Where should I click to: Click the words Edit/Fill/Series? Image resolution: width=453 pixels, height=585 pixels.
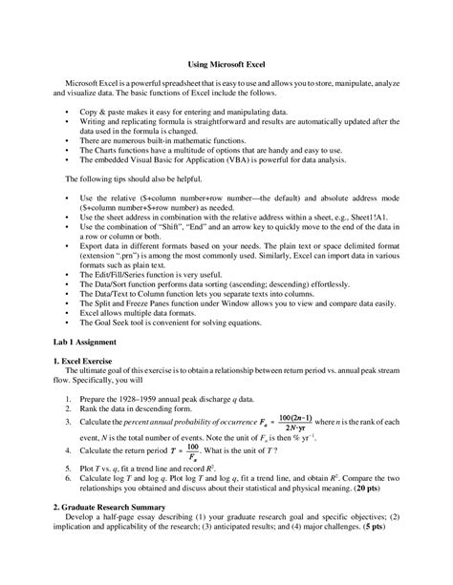click(127, 273)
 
